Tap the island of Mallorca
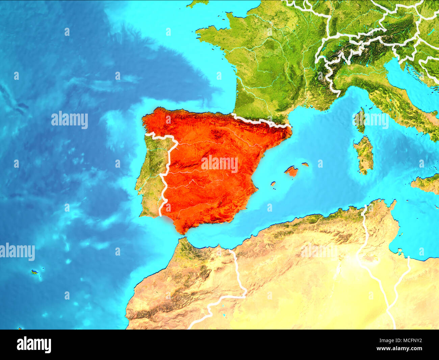291,171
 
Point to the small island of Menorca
305,165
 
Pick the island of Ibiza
273,184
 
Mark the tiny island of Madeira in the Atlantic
34,272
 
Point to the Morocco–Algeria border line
238,270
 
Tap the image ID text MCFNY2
410,341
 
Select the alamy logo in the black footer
34,344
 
